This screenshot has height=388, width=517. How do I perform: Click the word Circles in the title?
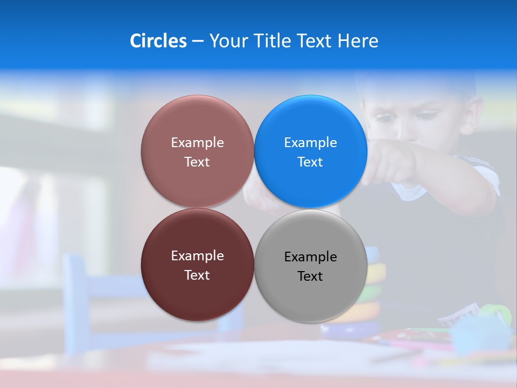[158, 41]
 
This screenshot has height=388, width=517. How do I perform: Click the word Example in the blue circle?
[310, 142]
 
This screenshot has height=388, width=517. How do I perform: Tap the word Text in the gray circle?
[310, 276]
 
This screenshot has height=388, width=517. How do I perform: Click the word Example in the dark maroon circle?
[197, 255]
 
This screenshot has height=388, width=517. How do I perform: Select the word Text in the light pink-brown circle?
[197, 162]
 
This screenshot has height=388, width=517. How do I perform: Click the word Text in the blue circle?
[310, 162]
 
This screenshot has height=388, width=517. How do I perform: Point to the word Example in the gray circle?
[310, 257]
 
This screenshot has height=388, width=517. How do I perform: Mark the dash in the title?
[198, 41]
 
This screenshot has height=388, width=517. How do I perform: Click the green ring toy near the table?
[494, 313]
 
